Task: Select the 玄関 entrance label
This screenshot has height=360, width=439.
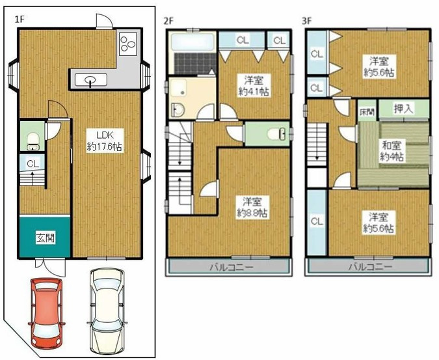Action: (45, 238)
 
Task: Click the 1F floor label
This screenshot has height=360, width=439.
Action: (20, 20)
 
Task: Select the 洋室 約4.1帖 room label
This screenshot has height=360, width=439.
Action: (254, 87)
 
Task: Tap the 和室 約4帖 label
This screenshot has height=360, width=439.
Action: (392, 152)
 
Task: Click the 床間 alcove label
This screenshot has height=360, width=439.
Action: (367, 112)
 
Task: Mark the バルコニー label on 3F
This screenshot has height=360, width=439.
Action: (369, 267)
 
